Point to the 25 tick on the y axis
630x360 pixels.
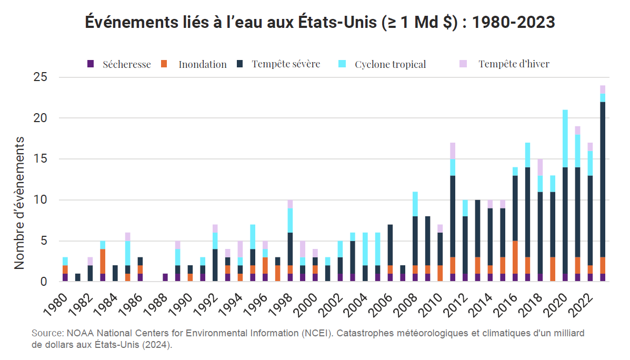coord(41,77)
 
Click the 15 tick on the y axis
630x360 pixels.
coord(41,159)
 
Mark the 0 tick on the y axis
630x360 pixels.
coord(44,282)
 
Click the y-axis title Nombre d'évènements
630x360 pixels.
coord(19,203)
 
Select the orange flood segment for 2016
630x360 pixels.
coord(515,257)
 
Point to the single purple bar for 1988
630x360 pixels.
coord(165,277)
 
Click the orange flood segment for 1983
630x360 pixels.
coord(103,261)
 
